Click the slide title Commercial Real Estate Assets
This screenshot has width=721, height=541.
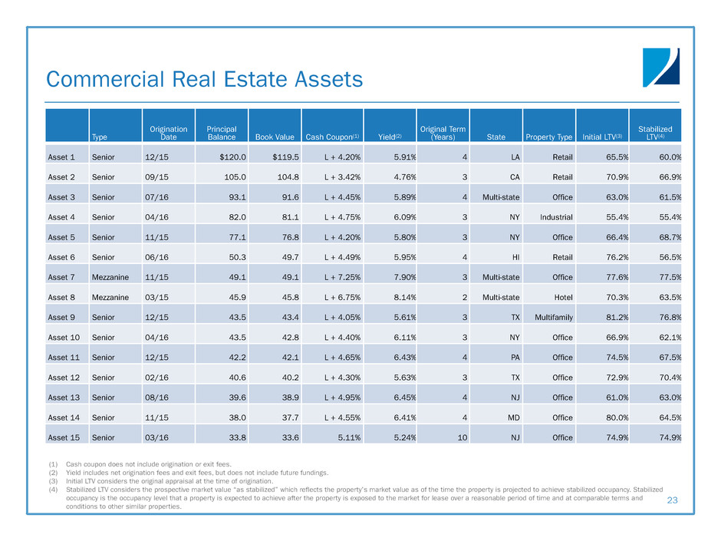point(204,79)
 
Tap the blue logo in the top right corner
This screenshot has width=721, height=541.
point(660,68)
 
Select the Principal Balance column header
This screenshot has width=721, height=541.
point(221,133)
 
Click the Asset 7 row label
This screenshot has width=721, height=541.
point(63,276)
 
